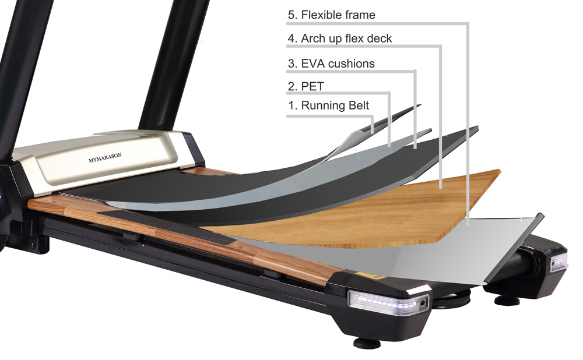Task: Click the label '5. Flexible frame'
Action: [x=331, y=15]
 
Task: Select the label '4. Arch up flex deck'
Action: [x=339, y=38]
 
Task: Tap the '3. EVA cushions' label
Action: [x=331, y=63]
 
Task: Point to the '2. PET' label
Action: [x=305, y=86]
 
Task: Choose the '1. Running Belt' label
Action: [x=328, y=105]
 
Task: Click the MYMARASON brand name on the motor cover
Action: [x=105, y=157]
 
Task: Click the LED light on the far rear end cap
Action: [x=559, y=262]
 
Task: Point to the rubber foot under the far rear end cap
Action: [x=507, y=299]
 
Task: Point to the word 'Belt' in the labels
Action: [x=359, y=105]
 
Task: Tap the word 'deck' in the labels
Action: [x=380, y=38]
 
